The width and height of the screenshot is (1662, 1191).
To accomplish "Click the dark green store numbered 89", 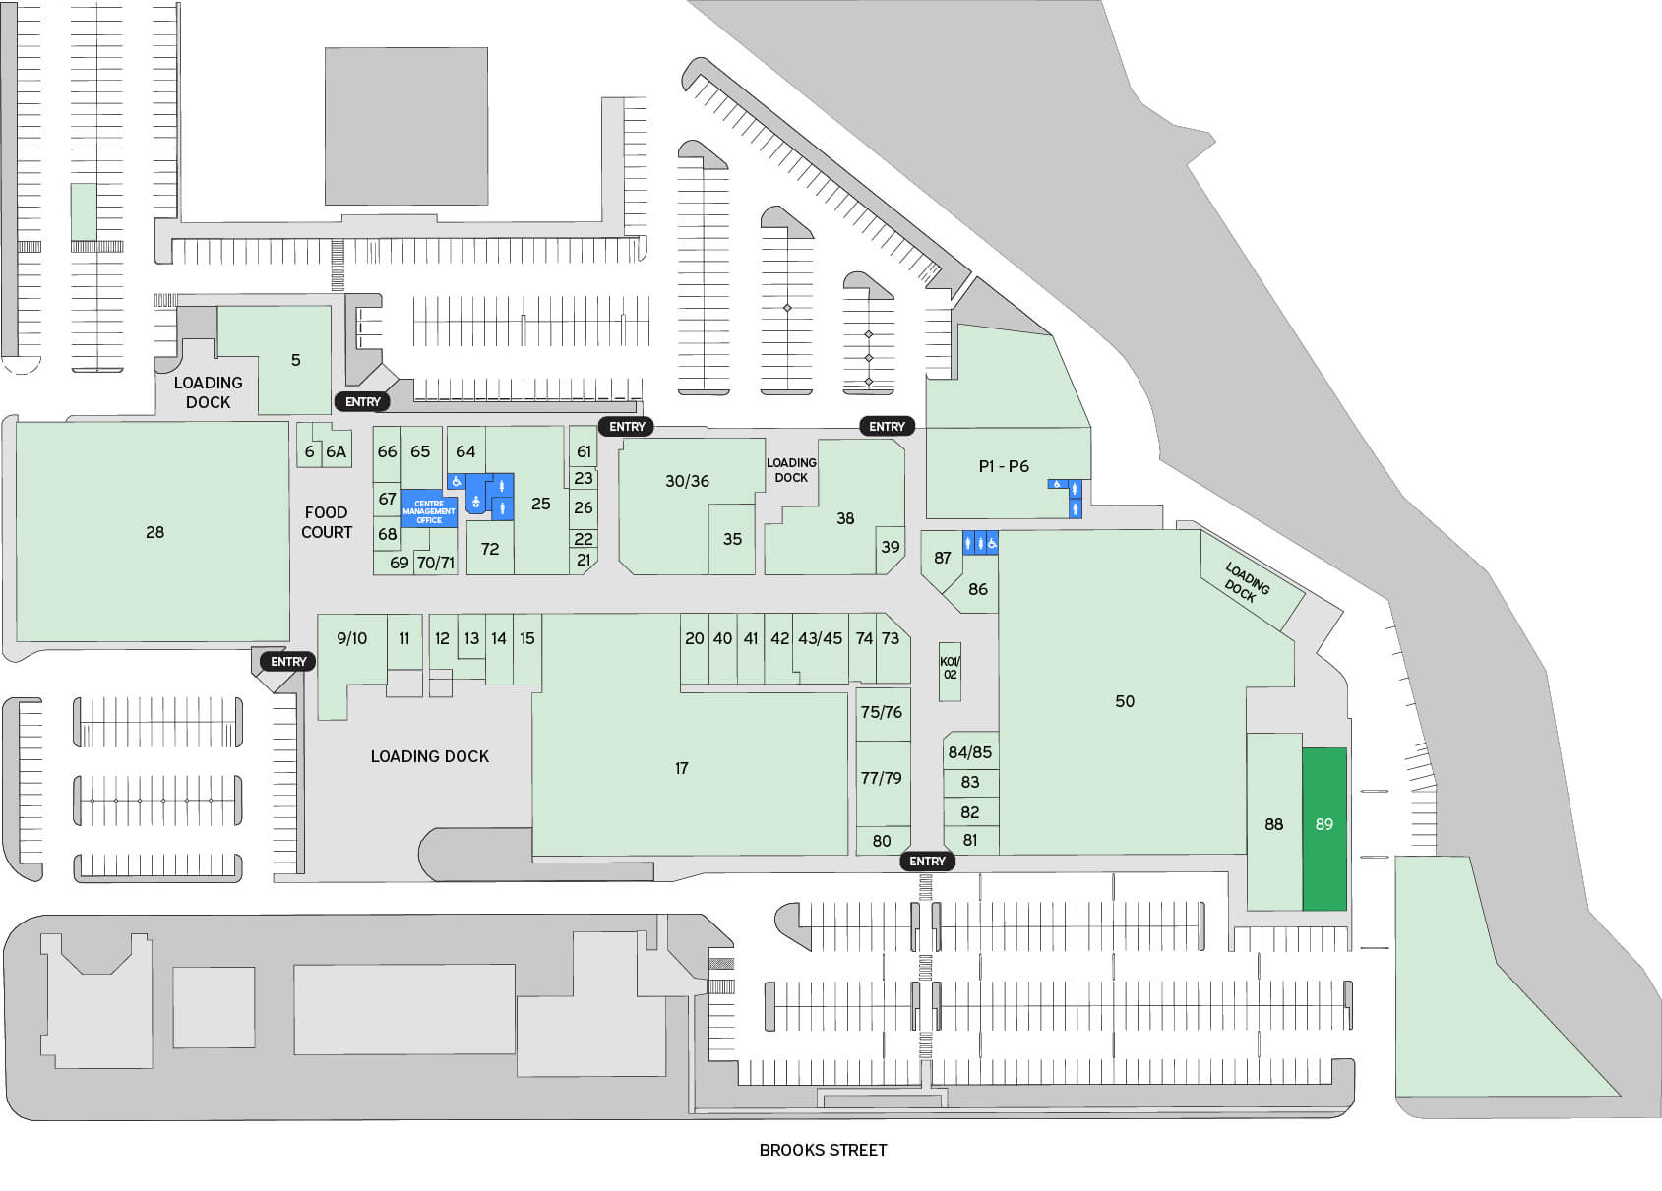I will click(1324, 826).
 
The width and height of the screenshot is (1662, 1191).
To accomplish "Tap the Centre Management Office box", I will click(429, 511).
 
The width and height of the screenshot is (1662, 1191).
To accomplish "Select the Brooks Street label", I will click(823, 1150).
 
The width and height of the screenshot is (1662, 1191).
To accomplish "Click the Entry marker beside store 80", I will click(927, 862).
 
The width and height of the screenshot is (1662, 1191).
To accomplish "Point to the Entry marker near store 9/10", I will click(288, 662).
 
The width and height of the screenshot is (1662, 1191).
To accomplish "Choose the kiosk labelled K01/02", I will click(950, 669).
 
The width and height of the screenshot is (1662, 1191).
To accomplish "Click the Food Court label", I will click(326, 522).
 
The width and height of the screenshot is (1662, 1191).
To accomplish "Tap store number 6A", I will click(337, 452).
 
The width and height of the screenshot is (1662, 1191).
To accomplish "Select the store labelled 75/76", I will click(882, 712).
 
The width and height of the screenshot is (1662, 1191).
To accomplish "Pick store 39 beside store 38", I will click(891, 548).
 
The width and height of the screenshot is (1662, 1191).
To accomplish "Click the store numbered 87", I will click(943, 559).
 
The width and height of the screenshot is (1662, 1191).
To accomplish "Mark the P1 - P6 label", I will click(1004, 466).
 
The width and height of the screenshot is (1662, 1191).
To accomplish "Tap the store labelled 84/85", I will click(970, 752).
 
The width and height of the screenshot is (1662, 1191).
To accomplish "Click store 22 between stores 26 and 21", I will click(584, 539).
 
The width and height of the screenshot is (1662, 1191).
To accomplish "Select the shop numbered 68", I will click(388, 534).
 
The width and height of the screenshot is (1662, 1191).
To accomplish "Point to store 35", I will click(732, 539).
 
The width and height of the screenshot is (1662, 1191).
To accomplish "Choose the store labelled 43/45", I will click(821, 639).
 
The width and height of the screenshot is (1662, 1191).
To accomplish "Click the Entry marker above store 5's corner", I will click(362, 401).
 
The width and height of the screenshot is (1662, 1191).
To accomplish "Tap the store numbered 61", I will click(585, 451).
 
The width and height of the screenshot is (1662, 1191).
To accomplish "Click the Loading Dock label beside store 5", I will click(208, 392).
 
